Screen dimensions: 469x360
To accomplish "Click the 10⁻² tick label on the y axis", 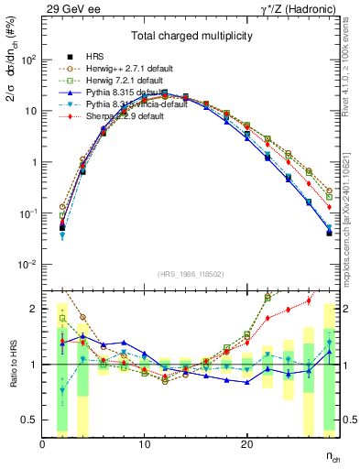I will tap(27, 265).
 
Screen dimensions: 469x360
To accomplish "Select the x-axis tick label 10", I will tap(144, 443).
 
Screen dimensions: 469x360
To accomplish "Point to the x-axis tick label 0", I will tap(42, 443).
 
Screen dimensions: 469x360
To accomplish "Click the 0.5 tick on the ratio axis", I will tap(29, 420).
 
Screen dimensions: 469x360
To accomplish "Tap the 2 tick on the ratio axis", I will tap(34, 309).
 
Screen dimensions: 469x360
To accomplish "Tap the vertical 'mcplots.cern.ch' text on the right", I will tap(351, 221).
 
